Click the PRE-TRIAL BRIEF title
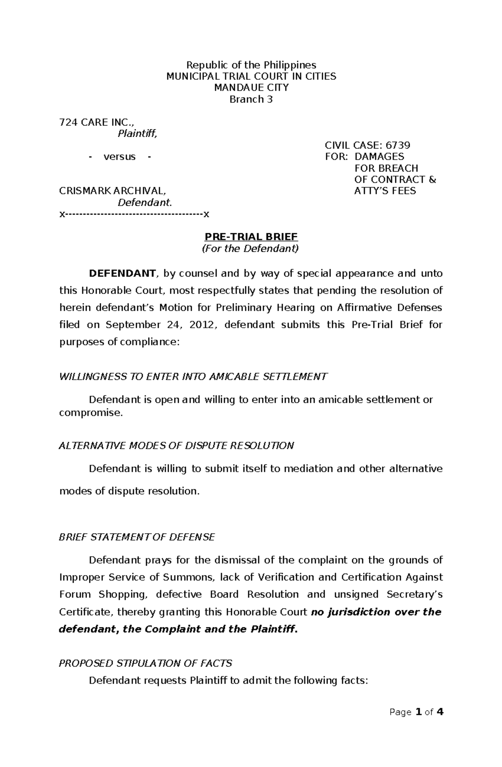251,237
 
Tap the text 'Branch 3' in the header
251,99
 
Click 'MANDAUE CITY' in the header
251,88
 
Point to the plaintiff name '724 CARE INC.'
97,122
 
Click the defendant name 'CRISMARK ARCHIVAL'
112,191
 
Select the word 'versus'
120,157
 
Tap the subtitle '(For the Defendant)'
251,249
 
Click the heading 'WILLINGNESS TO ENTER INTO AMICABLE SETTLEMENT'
193,377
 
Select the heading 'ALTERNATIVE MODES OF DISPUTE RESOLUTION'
177,446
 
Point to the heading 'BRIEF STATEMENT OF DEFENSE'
137,537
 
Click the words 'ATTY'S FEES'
385,191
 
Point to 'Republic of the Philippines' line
251,65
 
